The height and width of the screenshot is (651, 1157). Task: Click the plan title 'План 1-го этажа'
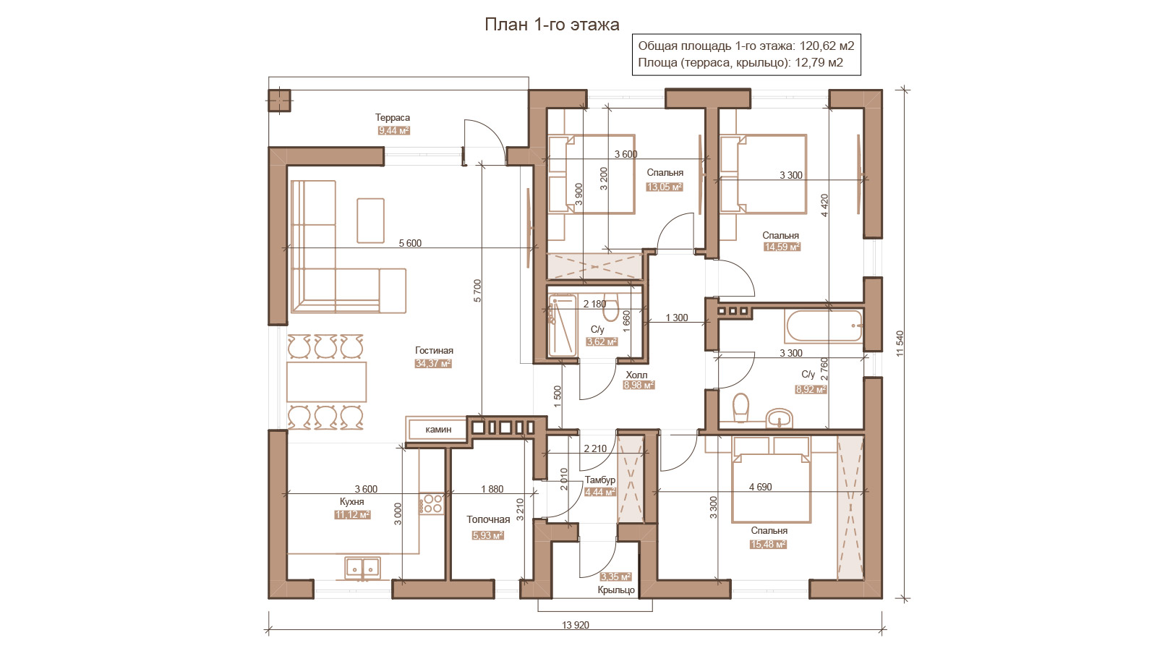552,25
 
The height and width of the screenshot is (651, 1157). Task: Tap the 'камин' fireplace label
438,430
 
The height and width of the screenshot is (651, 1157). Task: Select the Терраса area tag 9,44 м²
393,131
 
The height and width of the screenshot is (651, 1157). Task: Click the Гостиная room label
434,350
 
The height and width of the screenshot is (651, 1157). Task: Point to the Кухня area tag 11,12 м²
352,514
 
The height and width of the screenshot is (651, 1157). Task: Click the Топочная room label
488,520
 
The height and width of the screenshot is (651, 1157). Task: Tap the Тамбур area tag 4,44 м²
599,493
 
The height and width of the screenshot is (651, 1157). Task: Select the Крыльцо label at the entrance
616,590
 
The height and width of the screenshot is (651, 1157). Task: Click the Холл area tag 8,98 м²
639,385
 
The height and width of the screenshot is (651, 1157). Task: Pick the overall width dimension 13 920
576,625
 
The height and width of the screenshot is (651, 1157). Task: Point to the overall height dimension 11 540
900,344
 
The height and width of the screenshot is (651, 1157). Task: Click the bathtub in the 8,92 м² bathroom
824,326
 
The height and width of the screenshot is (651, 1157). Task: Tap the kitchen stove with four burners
432,503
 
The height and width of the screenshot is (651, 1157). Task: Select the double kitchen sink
362,569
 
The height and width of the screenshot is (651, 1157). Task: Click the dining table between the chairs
326,382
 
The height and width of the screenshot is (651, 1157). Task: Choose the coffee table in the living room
370,221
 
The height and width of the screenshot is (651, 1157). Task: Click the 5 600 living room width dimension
410,243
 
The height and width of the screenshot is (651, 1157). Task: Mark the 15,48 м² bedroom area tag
768,544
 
